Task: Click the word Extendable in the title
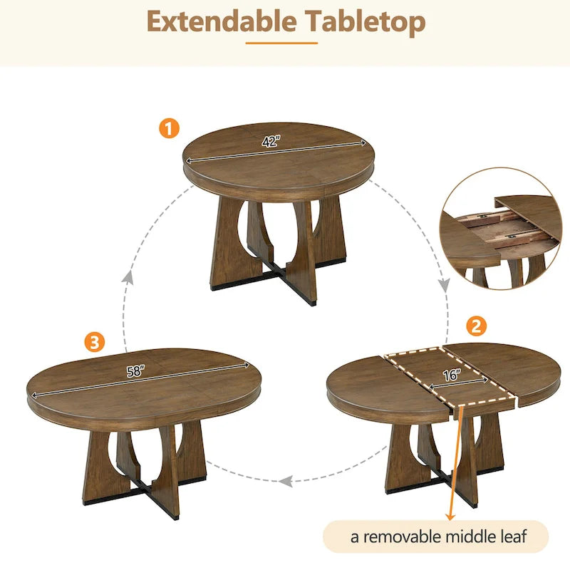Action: [x=222, y=22]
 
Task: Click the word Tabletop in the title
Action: [x=366, y=22]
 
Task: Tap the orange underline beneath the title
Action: [x=281, y=43]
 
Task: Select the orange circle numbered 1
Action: [x=168, y=128]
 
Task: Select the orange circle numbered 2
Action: [x=476, y=326]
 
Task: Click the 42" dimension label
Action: [x=270, y=142]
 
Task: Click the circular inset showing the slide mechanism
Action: [x=500, y=228]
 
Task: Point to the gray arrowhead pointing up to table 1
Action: [x=128, y=277]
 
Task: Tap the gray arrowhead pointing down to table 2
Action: [x=444, y=286]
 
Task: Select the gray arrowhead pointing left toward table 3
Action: [x=286, y=481]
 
